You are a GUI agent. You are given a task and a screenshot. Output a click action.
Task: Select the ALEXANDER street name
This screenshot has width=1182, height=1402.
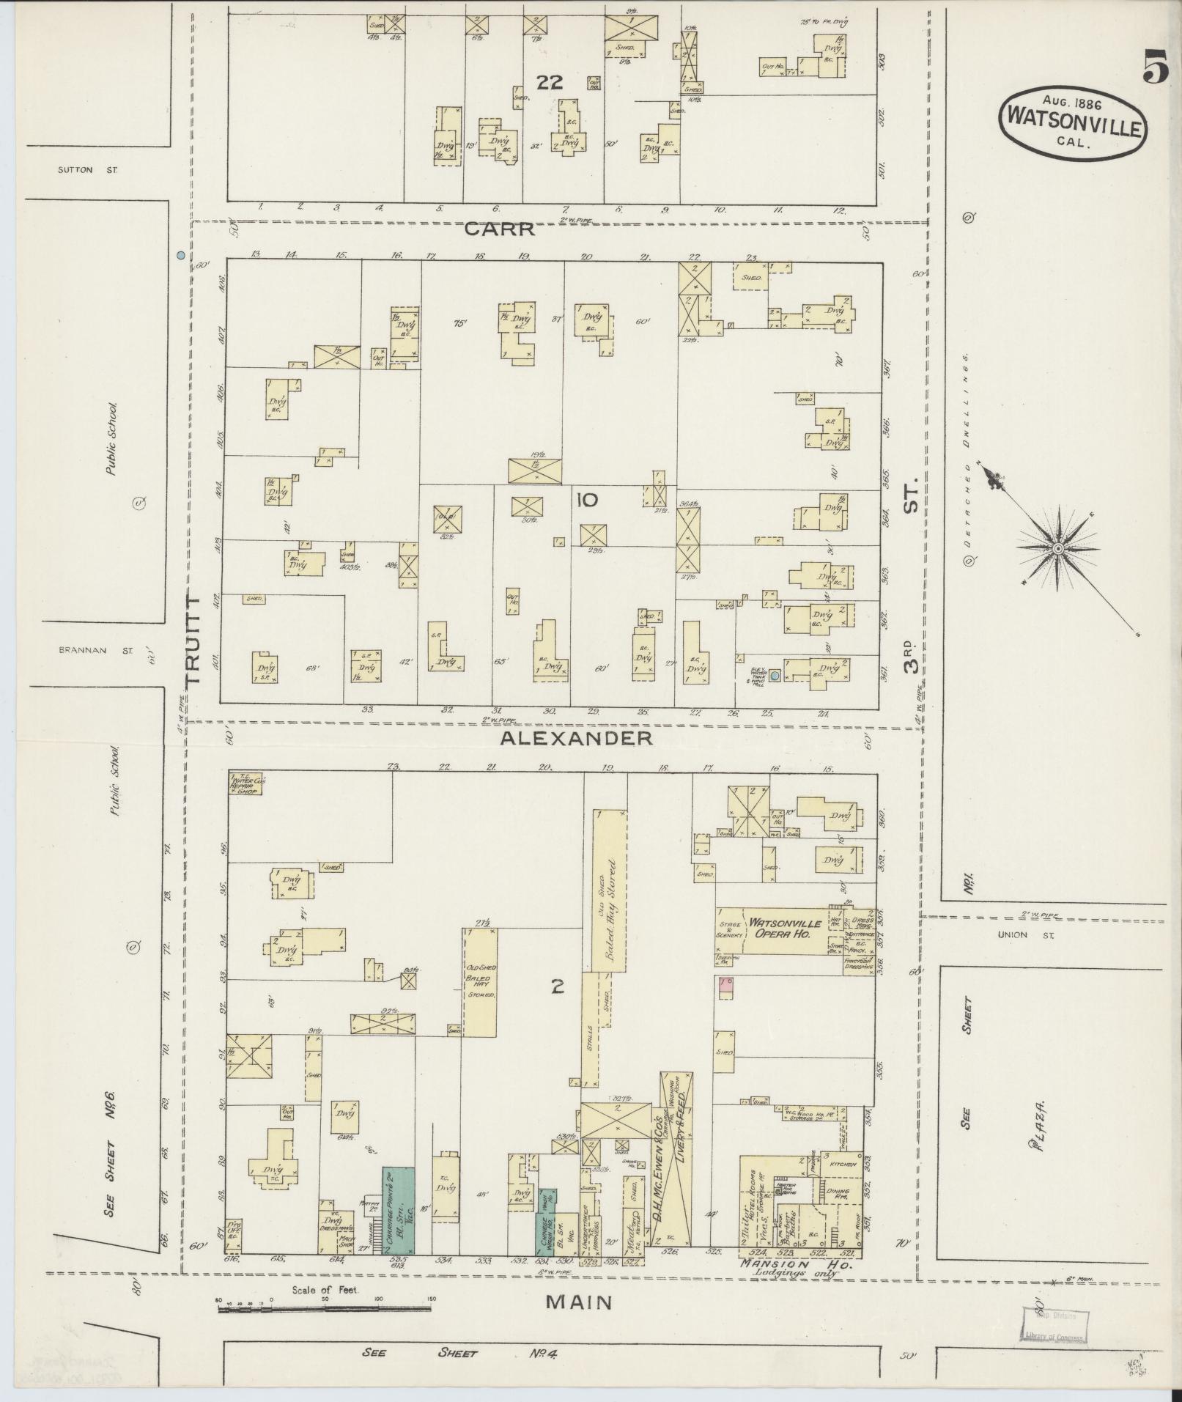[x=576, y=738]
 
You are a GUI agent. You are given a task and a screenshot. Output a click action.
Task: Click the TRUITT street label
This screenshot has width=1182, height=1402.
[x=193, y=640]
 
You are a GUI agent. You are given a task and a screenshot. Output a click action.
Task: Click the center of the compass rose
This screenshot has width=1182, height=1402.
[x=1058, y=549]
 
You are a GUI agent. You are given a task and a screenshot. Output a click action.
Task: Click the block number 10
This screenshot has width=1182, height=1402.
[x=587, y=501]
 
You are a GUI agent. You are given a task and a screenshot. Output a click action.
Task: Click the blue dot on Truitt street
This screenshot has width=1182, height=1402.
[x=180, y=256]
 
